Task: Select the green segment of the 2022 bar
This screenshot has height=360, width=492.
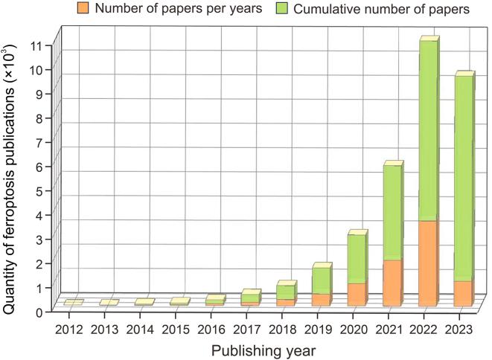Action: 426,130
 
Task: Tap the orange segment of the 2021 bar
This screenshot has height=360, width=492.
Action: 392,283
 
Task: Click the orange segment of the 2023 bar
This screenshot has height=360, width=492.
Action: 462,293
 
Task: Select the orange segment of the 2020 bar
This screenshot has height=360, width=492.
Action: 357,294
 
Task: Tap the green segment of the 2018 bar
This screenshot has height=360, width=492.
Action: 286,292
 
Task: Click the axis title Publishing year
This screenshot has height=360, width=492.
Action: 263,348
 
